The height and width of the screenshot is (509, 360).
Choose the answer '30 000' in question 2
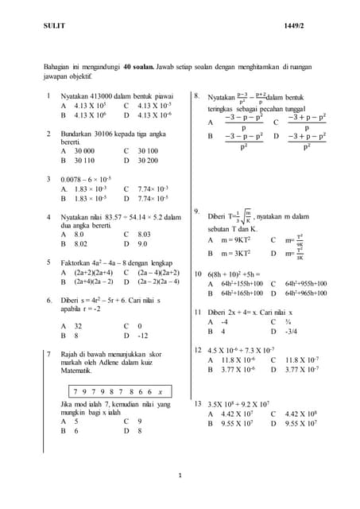click(83, 150)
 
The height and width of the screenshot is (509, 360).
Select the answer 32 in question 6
click(77, 325)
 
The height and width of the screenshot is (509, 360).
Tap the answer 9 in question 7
click(140, 421)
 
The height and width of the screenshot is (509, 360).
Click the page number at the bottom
click(180, 476)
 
